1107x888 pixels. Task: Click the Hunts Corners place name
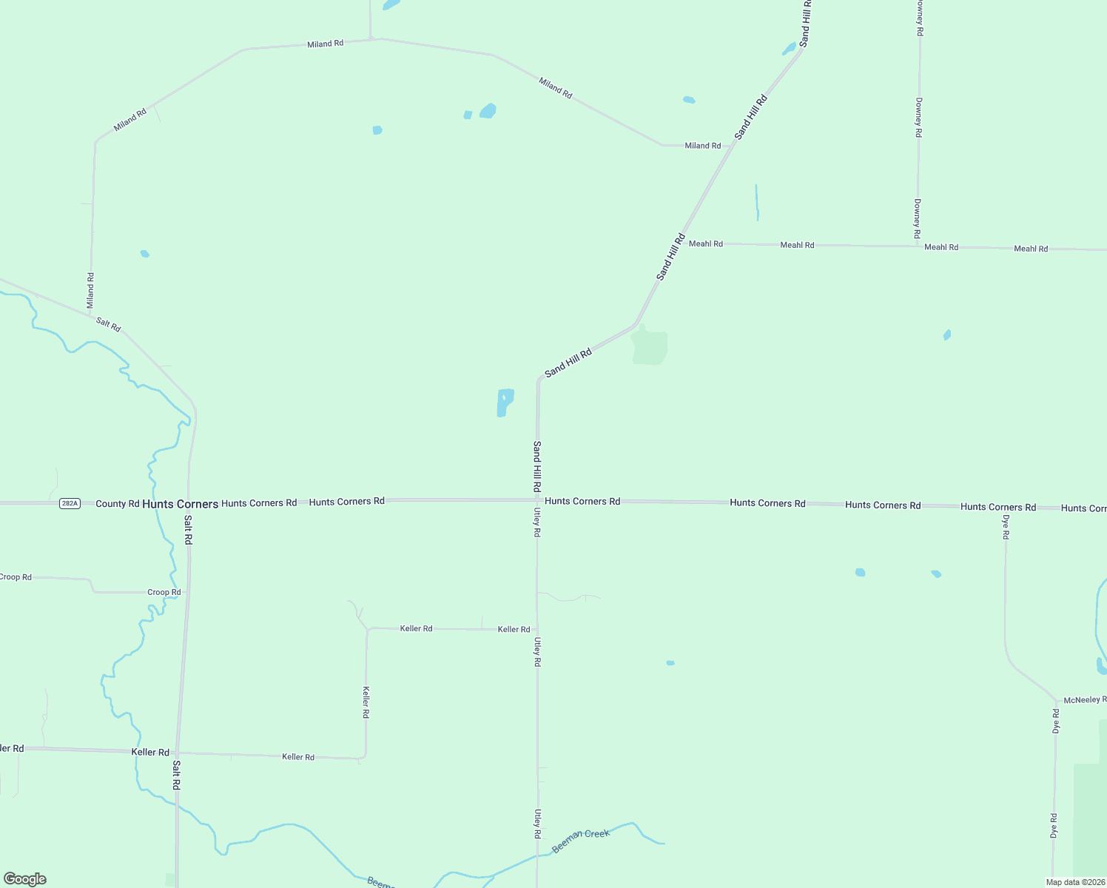(x=180, y=504)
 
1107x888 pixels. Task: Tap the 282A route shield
(x=70, y=503)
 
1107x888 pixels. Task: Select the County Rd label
(x=117, y=504)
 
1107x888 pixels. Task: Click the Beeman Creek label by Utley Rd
(x=581, y=841)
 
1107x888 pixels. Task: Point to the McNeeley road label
(x=1084, y=700)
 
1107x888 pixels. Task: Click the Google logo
(x=25, y=879)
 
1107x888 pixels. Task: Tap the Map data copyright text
(x=1074, y=882)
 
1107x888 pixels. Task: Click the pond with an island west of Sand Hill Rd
(x=505, y=403)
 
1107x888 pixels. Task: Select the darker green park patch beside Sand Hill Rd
(x=650, y=347)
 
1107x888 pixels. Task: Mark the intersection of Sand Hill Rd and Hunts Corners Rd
(x=537, y=500)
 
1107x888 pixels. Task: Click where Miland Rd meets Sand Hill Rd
(x=731, y=146)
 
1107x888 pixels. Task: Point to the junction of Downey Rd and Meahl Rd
(x=918, y=246)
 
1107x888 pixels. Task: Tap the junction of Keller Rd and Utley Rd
(x=537, y=629)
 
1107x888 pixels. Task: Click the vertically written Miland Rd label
(x=90, y=291)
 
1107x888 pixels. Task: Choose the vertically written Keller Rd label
(x=366, y=702)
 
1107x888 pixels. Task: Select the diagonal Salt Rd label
(x=108, y=324)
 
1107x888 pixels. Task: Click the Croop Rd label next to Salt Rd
(x=164, y=592)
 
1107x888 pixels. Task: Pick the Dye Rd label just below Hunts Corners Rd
(x=1006, y=526)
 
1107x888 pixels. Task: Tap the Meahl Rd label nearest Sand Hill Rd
(x=705, y=243)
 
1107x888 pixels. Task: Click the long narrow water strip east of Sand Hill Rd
(x=756, y=202)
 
